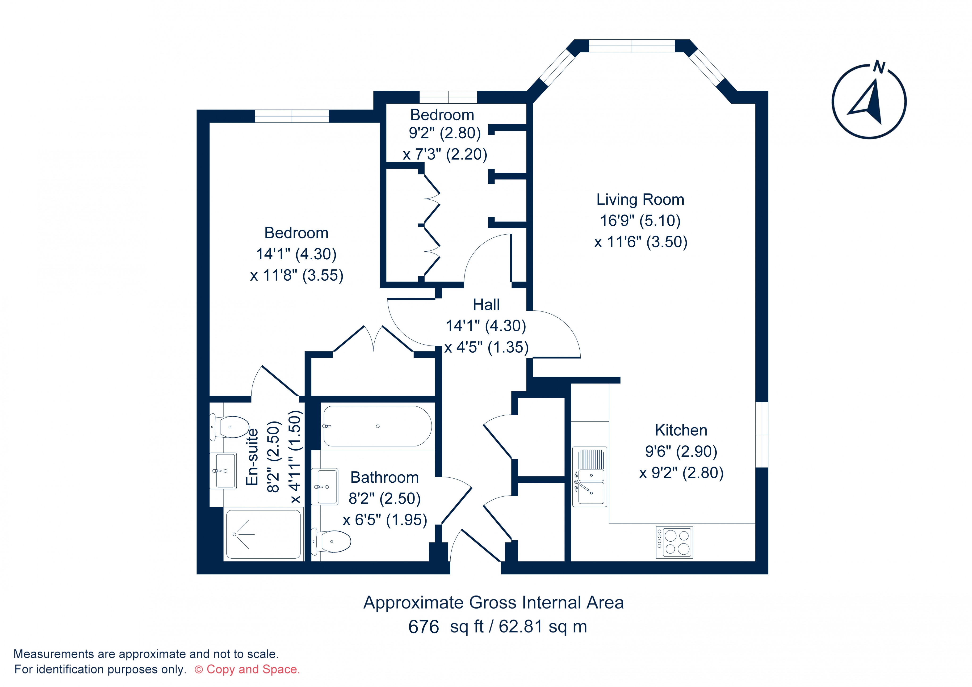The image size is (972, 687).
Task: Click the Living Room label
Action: (640, 199)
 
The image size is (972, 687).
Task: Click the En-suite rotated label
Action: (252, 457)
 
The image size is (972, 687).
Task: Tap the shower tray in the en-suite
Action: (263, 535)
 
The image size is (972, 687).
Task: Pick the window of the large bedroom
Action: (292, 116)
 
